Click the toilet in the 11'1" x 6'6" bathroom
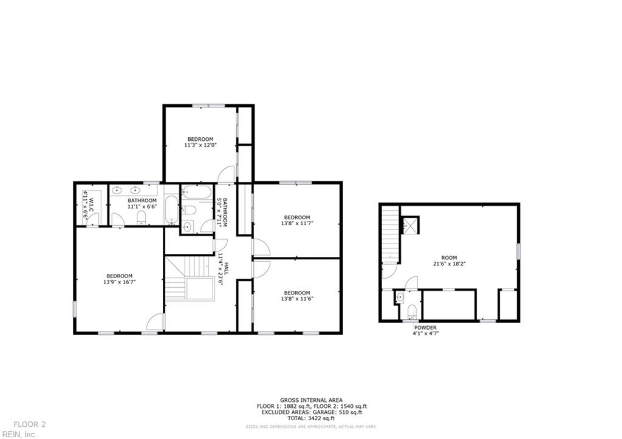point(142,217)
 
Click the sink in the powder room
point(400,298)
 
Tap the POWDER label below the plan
point(425,328)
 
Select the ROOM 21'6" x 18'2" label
point(449,261)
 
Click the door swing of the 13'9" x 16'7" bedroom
point(156,322)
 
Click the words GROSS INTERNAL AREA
point(311,400)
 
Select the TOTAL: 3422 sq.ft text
point(311,418)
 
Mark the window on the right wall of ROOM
point(518,251)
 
